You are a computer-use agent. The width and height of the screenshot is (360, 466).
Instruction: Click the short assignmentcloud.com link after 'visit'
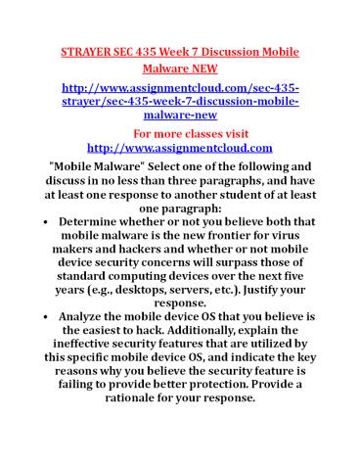(x=179, y=147)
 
